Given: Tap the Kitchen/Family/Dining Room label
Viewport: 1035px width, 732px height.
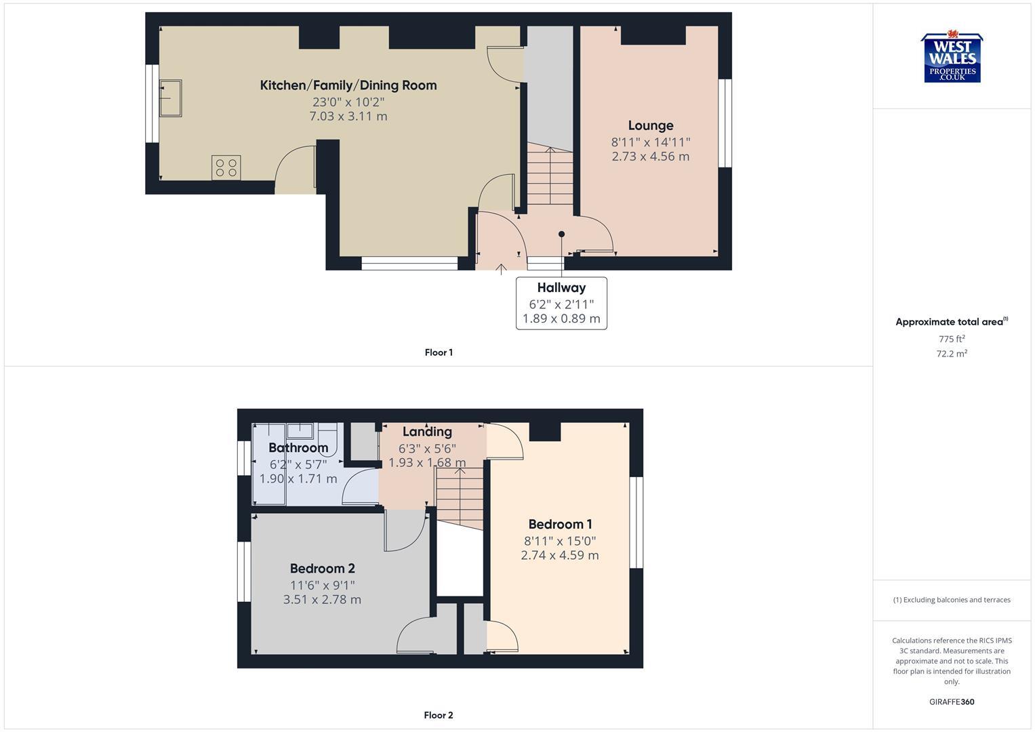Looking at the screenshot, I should tap(348, 85).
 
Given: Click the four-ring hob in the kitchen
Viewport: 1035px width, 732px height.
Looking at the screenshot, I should tap(226, 167).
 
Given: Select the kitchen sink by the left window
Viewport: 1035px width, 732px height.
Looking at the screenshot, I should tap(170, 98).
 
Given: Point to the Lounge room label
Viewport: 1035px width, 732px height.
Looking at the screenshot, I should tap(650, 125).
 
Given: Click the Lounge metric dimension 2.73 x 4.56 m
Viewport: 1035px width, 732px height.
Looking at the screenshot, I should tap(650, 157).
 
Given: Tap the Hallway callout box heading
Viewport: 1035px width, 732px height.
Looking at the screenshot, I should tap(561, 287).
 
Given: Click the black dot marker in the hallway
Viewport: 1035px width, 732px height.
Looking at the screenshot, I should tap(561, 235).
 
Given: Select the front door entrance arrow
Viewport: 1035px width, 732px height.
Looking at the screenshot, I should tap(501, 268).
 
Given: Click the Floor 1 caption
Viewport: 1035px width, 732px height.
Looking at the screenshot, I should tap(439, 352).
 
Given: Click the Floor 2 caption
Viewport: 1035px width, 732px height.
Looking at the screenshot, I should tap(439, 715).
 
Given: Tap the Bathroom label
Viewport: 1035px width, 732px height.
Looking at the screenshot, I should tap(298, 448).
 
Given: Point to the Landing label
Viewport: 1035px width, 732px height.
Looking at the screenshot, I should tap(427, 432).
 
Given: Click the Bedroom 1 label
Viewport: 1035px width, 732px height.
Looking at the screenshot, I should tap(560, 525).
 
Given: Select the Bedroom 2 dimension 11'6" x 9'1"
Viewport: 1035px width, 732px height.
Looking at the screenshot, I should tap(322, 585).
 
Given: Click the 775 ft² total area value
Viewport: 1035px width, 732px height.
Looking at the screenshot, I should tap(952, 339).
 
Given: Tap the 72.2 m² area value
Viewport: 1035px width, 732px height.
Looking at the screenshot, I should tap(952, 354).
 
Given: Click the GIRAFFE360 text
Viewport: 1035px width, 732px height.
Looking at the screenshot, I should tap(952, 702).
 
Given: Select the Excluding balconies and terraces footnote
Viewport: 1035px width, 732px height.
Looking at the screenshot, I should tap(952, 600).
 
